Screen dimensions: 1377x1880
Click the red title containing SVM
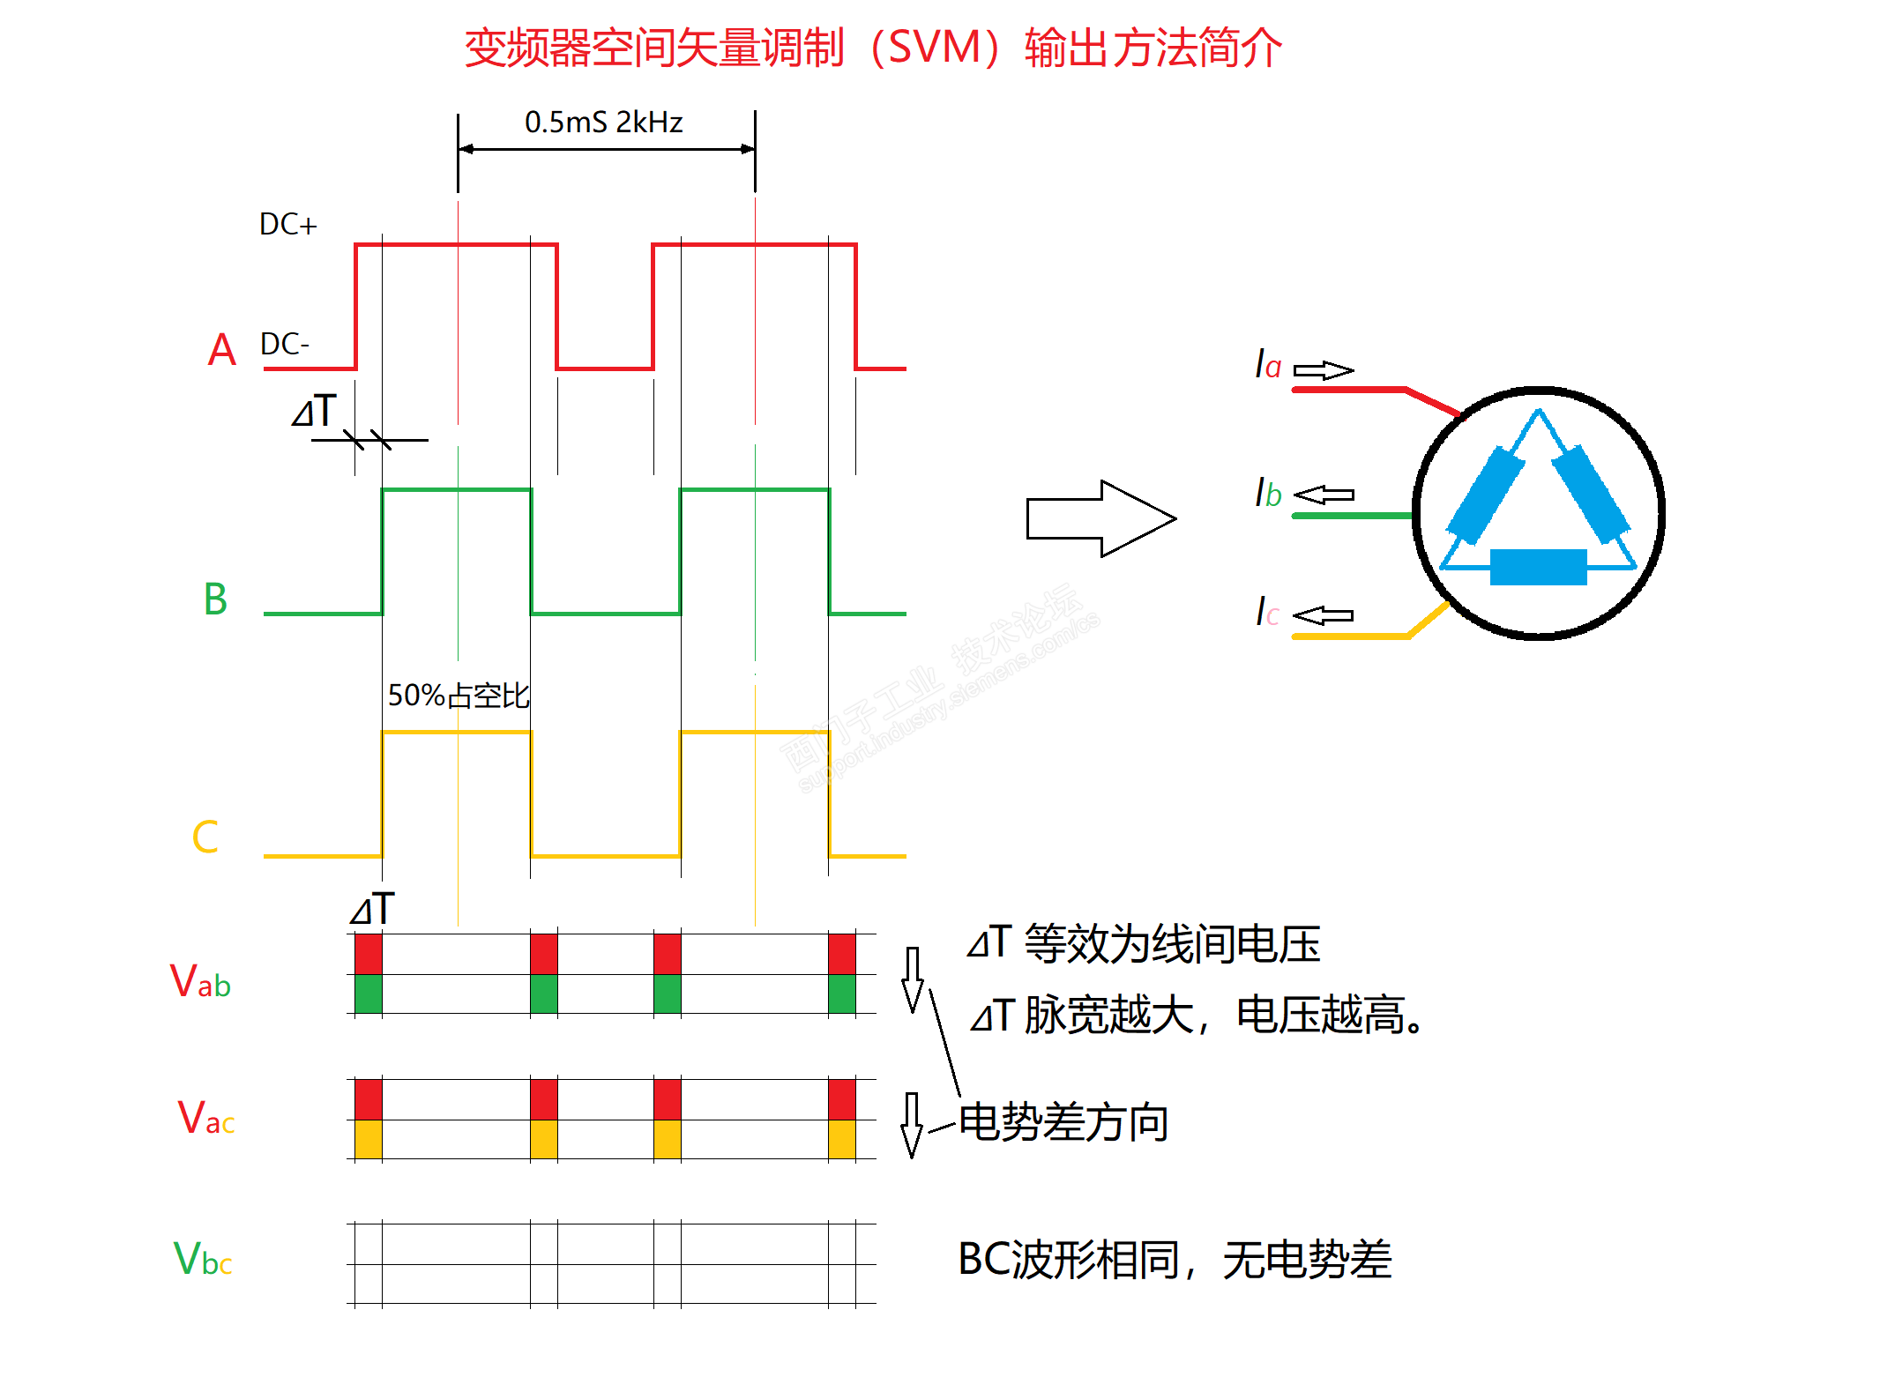coord(873,48)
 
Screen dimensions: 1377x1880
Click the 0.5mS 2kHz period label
coord(603,123)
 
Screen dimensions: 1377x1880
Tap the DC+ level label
coord(287,225)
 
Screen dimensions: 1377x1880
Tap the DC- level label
coord(284,344)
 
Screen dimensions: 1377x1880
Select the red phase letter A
coord(221,350)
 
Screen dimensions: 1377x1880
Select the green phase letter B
coord(215,599)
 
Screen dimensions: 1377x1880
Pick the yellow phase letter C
coord(205,837)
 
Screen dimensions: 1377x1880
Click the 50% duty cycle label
coord(459,696)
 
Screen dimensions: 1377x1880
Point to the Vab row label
coord(200,981)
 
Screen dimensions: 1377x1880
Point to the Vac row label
coord(205,1118)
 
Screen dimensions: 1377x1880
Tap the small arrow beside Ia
coord(1323,370)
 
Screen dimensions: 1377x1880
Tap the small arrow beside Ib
coord(1324,495)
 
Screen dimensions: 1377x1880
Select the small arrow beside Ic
coord(1323,615)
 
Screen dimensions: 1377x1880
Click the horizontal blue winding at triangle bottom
coord(1538,567)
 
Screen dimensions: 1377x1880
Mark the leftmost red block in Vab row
coord(369,954)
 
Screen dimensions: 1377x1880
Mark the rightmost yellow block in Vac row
coord(842,1139)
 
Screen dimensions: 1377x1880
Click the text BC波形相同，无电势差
coord(1175,1259)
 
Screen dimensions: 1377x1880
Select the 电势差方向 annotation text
coord(1063,1122)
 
